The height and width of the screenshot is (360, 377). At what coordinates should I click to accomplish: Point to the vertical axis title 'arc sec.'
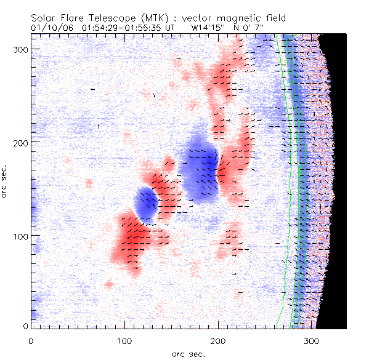(x=6, y=182)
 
